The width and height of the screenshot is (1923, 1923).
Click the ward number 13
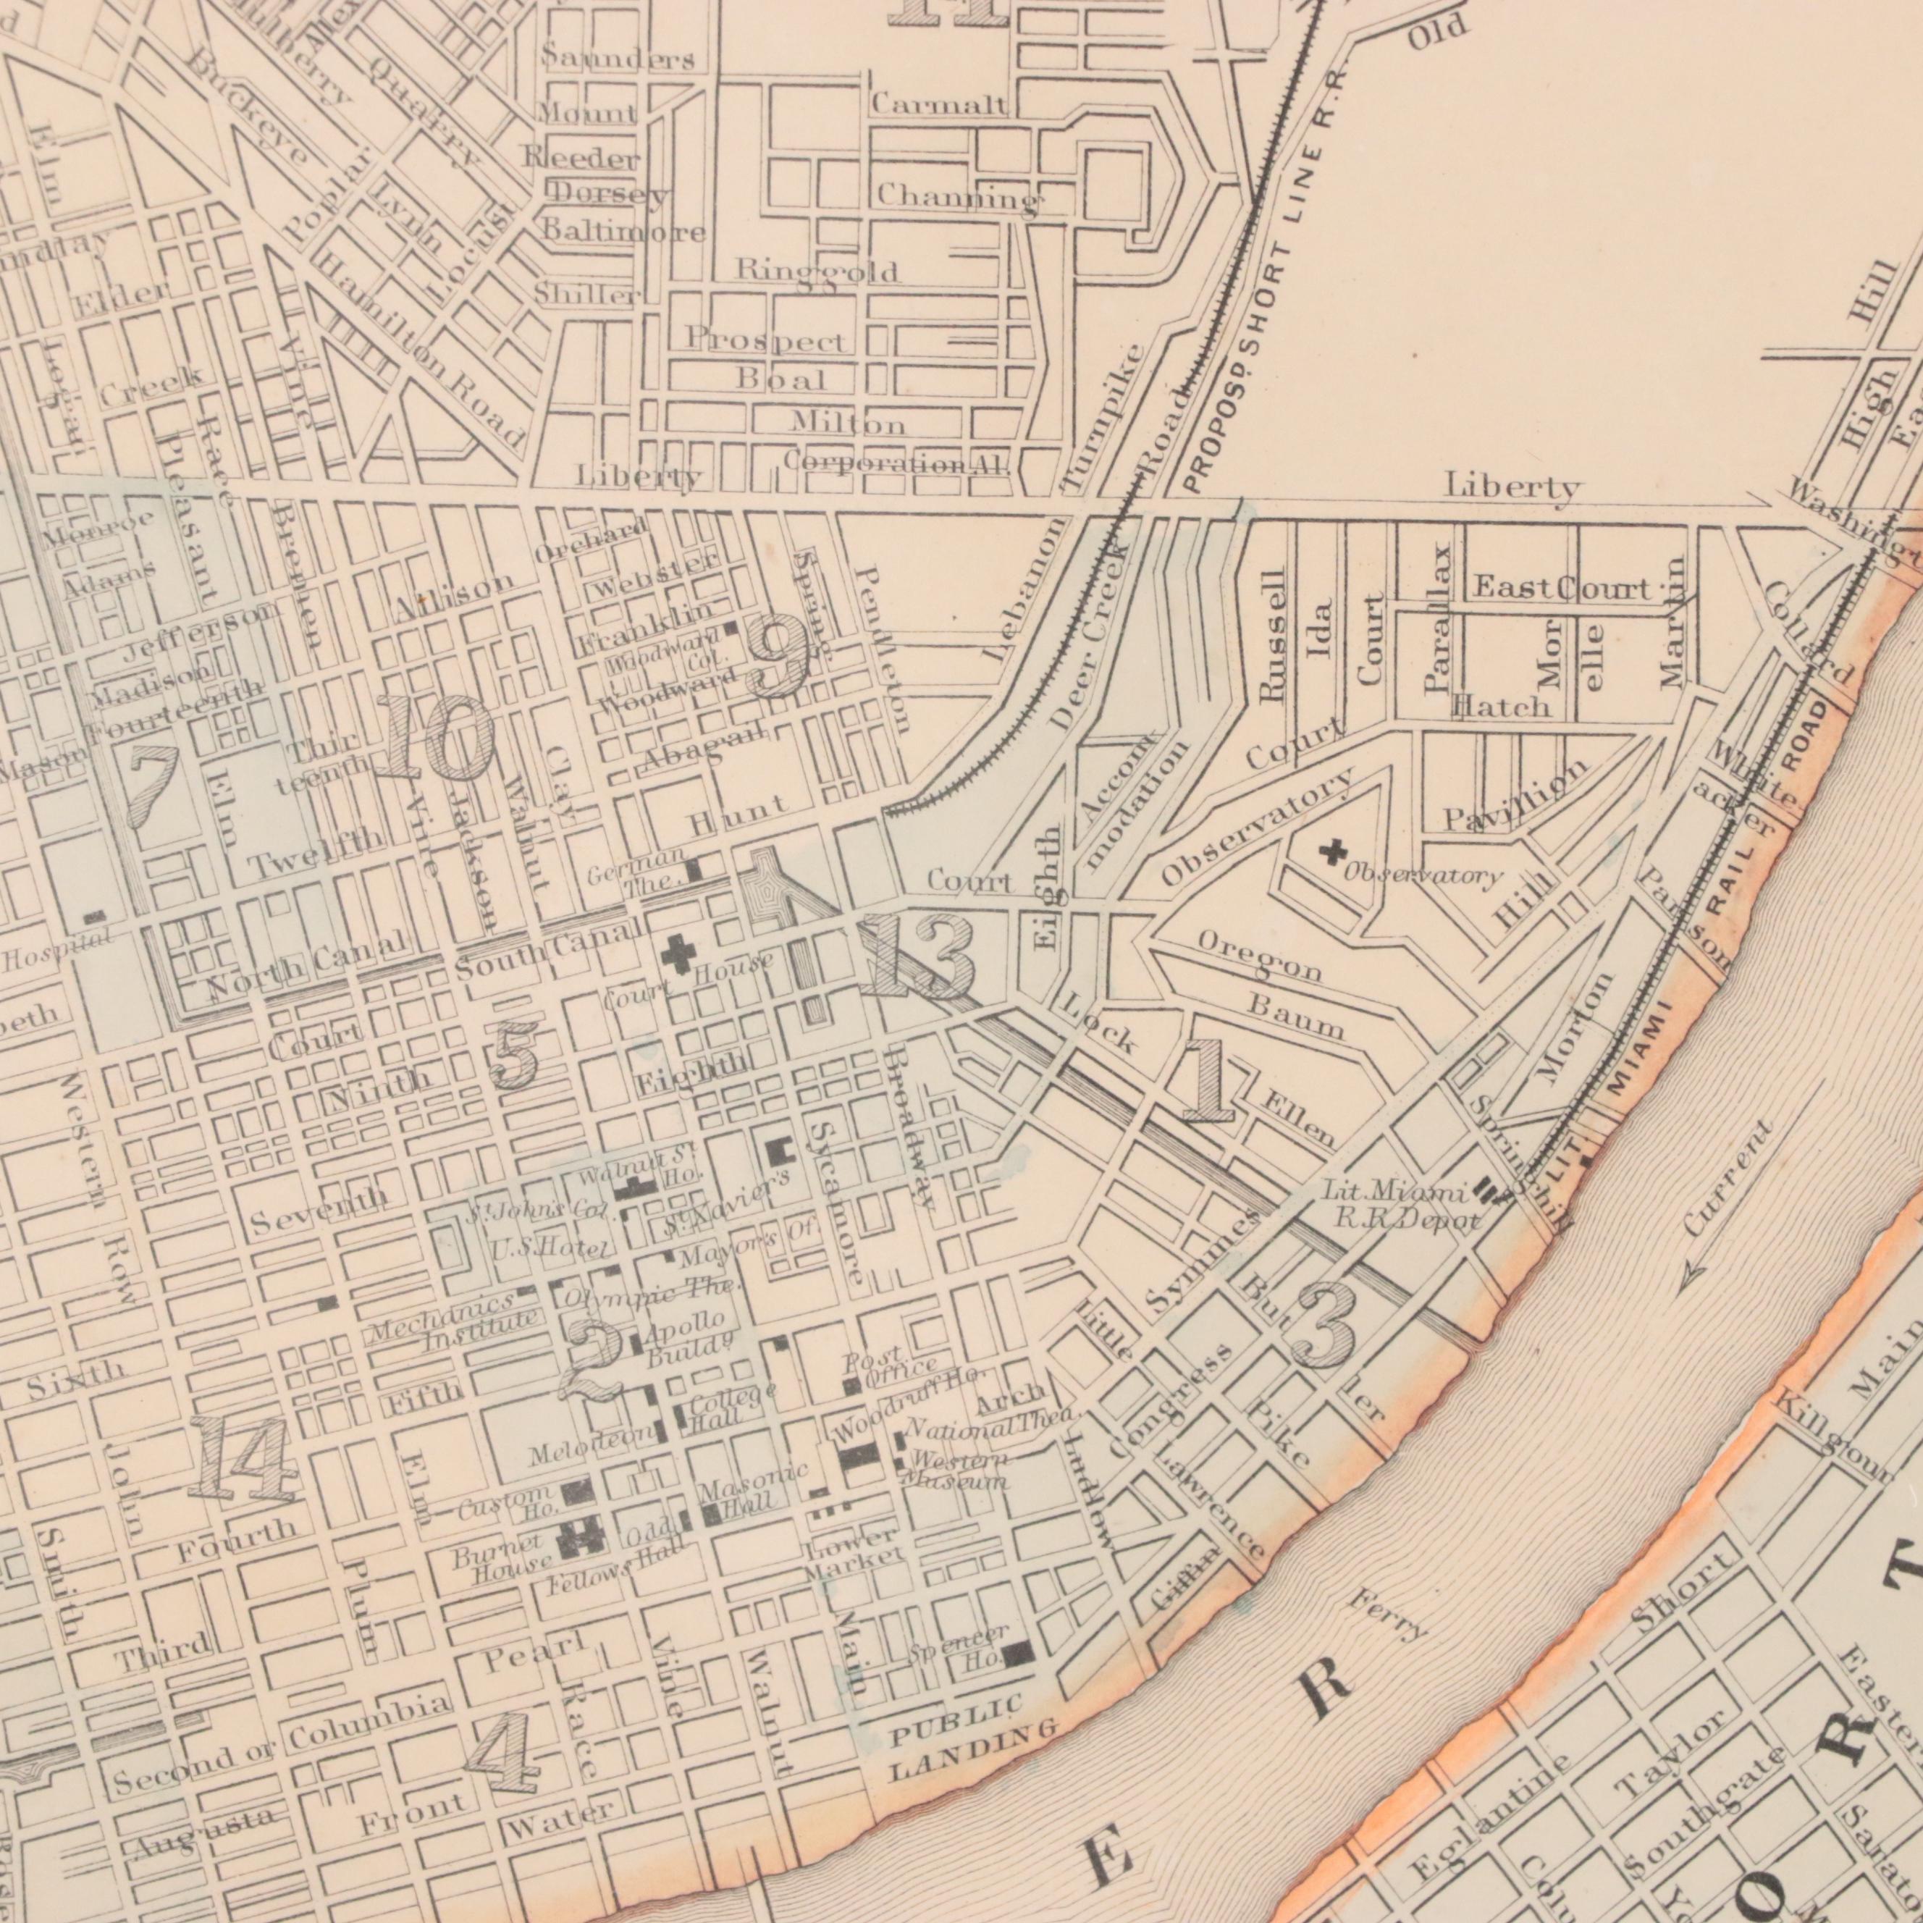pos(917,956)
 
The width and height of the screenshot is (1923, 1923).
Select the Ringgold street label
pos(816,270)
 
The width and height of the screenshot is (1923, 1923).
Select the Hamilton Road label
pos(418,348)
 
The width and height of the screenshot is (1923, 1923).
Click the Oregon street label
pos(1259,956)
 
